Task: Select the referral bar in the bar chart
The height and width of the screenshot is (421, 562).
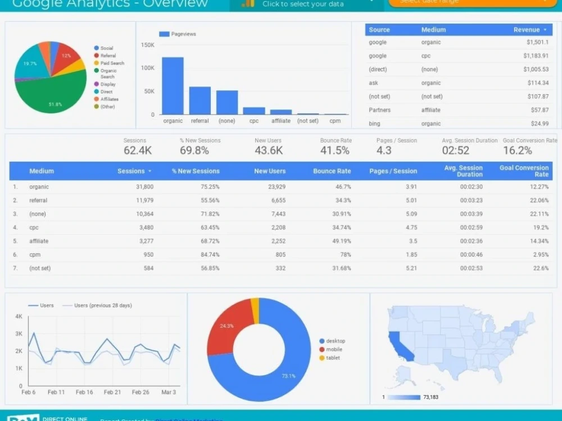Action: click(200, 101)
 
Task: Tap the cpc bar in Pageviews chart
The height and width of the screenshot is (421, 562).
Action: click(254, 111)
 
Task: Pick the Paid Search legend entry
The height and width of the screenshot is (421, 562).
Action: click(112, 63)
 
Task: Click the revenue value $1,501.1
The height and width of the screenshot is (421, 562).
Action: click(537, 42)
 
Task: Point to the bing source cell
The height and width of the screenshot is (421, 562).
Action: click(374, 123)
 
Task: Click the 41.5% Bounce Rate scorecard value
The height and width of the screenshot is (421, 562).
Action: click(334, 150)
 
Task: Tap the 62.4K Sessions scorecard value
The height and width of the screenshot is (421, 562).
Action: click(137, 150)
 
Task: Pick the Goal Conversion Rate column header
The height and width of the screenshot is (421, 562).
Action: click(524, 171)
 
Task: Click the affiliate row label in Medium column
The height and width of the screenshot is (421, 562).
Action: click(39, 241)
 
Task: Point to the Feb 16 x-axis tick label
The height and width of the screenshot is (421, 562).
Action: click(84, 392)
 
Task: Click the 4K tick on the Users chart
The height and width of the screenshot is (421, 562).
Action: click(19, 317)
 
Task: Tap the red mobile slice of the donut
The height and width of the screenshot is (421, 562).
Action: click(228, 326)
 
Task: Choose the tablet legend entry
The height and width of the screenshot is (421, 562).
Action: click(333, 358)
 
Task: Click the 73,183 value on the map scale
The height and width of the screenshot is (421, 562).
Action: click(430, 397)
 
